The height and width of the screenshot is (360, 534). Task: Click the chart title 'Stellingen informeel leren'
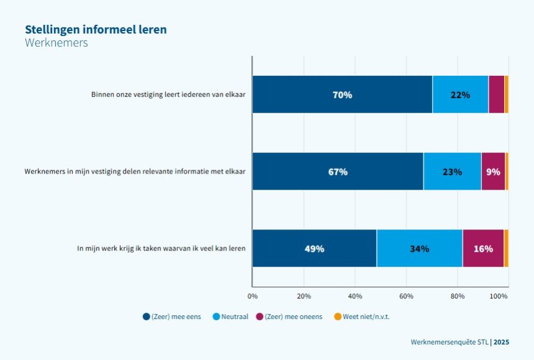tap(96, 29)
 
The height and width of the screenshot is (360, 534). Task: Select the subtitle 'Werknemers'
tap(57, 43)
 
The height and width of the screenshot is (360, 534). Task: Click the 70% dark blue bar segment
tap(342, 95)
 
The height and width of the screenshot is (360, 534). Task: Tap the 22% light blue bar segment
tap(460, 95)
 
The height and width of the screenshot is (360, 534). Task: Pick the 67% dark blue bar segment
tap(338, 172)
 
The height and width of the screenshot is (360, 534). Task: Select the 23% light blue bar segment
tap(452, 172)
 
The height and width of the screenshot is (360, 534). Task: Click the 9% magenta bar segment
tap(493, 172)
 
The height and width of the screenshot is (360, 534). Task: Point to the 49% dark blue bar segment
tap(315, 249)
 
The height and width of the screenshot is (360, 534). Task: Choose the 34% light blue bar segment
tap(420, 249)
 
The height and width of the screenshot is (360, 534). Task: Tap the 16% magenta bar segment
tap(483, 249)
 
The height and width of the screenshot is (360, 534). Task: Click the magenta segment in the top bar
tap(496, 95)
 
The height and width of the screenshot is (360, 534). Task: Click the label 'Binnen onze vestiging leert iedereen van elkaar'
tap(168, 95)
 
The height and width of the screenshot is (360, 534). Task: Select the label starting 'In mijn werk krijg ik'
tap(161, 248)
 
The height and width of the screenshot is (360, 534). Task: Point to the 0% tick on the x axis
tap(252, 297)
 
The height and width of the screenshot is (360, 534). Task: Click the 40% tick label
tap(355, 297)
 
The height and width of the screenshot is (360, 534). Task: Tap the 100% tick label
tap(499, 297)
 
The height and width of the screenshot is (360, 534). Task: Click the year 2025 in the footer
tap(502, 342)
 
